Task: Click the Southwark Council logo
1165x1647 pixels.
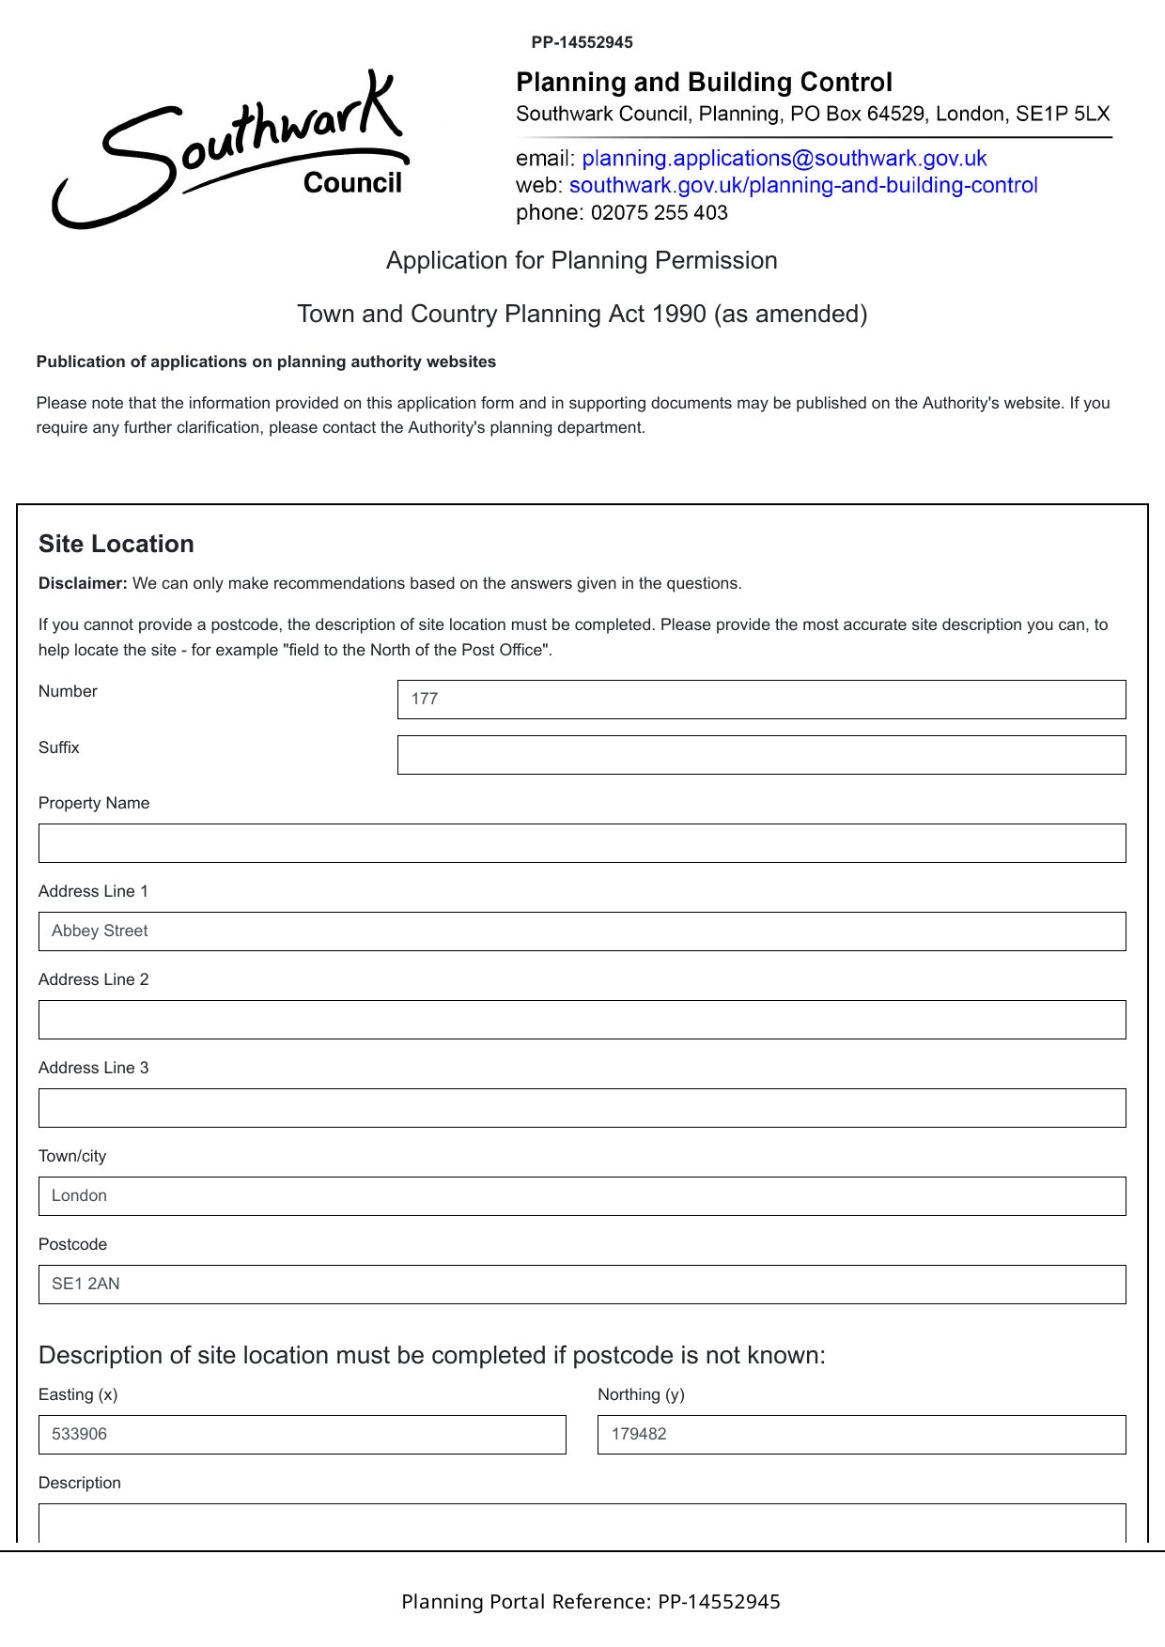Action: (230, 150)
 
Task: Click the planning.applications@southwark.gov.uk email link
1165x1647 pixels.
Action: (784, 158)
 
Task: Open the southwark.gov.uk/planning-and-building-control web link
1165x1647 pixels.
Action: (802, 185)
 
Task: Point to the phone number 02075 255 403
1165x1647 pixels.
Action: (659, 213)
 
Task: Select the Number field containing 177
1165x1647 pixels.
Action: (761, 700)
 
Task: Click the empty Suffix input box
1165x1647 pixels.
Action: (761, 755)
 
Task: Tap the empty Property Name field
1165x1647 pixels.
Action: (582, 843)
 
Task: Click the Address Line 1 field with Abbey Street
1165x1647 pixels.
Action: (582, 931)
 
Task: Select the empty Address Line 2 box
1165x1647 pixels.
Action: (582, 1020)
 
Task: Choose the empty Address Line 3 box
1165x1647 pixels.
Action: (582, 1108)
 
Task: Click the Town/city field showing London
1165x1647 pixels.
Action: (582, 1196)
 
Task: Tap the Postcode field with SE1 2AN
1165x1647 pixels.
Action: (582, 1285)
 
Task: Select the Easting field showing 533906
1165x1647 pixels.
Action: (302, 1435)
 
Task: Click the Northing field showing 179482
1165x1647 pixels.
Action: (861, 1435)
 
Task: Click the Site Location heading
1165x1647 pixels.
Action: (116, 545)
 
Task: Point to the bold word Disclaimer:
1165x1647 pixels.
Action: (83, 583)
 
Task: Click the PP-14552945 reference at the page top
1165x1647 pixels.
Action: (582, 42)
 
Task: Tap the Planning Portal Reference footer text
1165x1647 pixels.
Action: (590, 1602)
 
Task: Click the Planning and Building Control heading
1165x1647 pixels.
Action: (704, 83)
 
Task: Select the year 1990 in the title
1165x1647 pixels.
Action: (679, 314)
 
